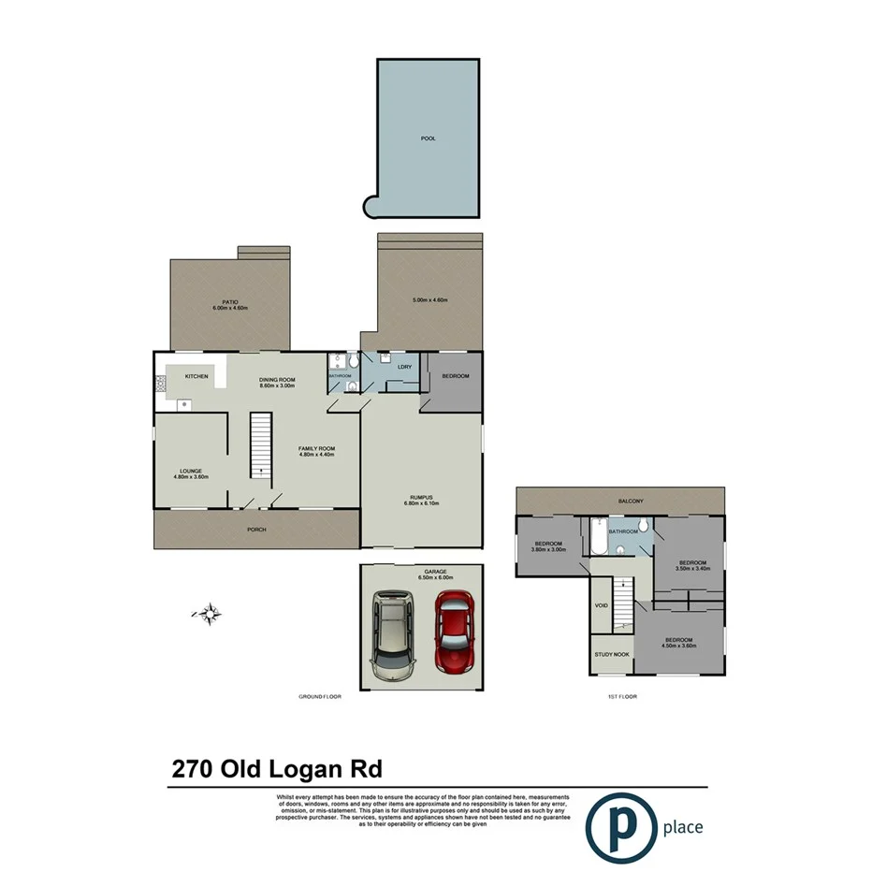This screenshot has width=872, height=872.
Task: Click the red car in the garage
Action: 454,633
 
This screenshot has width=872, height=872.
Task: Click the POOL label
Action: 429,138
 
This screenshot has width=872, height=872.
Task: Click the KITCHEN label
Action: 196,376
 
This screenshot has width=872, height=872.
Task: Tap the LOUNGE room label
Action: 191,471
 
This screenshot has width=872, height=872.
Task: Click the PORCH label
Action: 257,530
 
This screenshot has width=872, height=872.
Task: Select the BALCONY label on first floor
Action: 630,501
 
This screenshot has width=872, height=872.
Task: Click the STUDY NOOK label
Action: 611,655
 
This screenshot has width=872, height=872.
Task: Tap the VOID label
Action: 602,605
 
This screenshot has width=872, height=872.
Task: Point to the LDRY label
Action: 404,367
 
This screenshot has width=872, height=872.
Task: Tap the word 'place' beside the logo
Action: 681,827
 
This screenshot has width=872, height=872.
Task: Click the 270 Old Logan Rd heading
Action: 278,768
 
